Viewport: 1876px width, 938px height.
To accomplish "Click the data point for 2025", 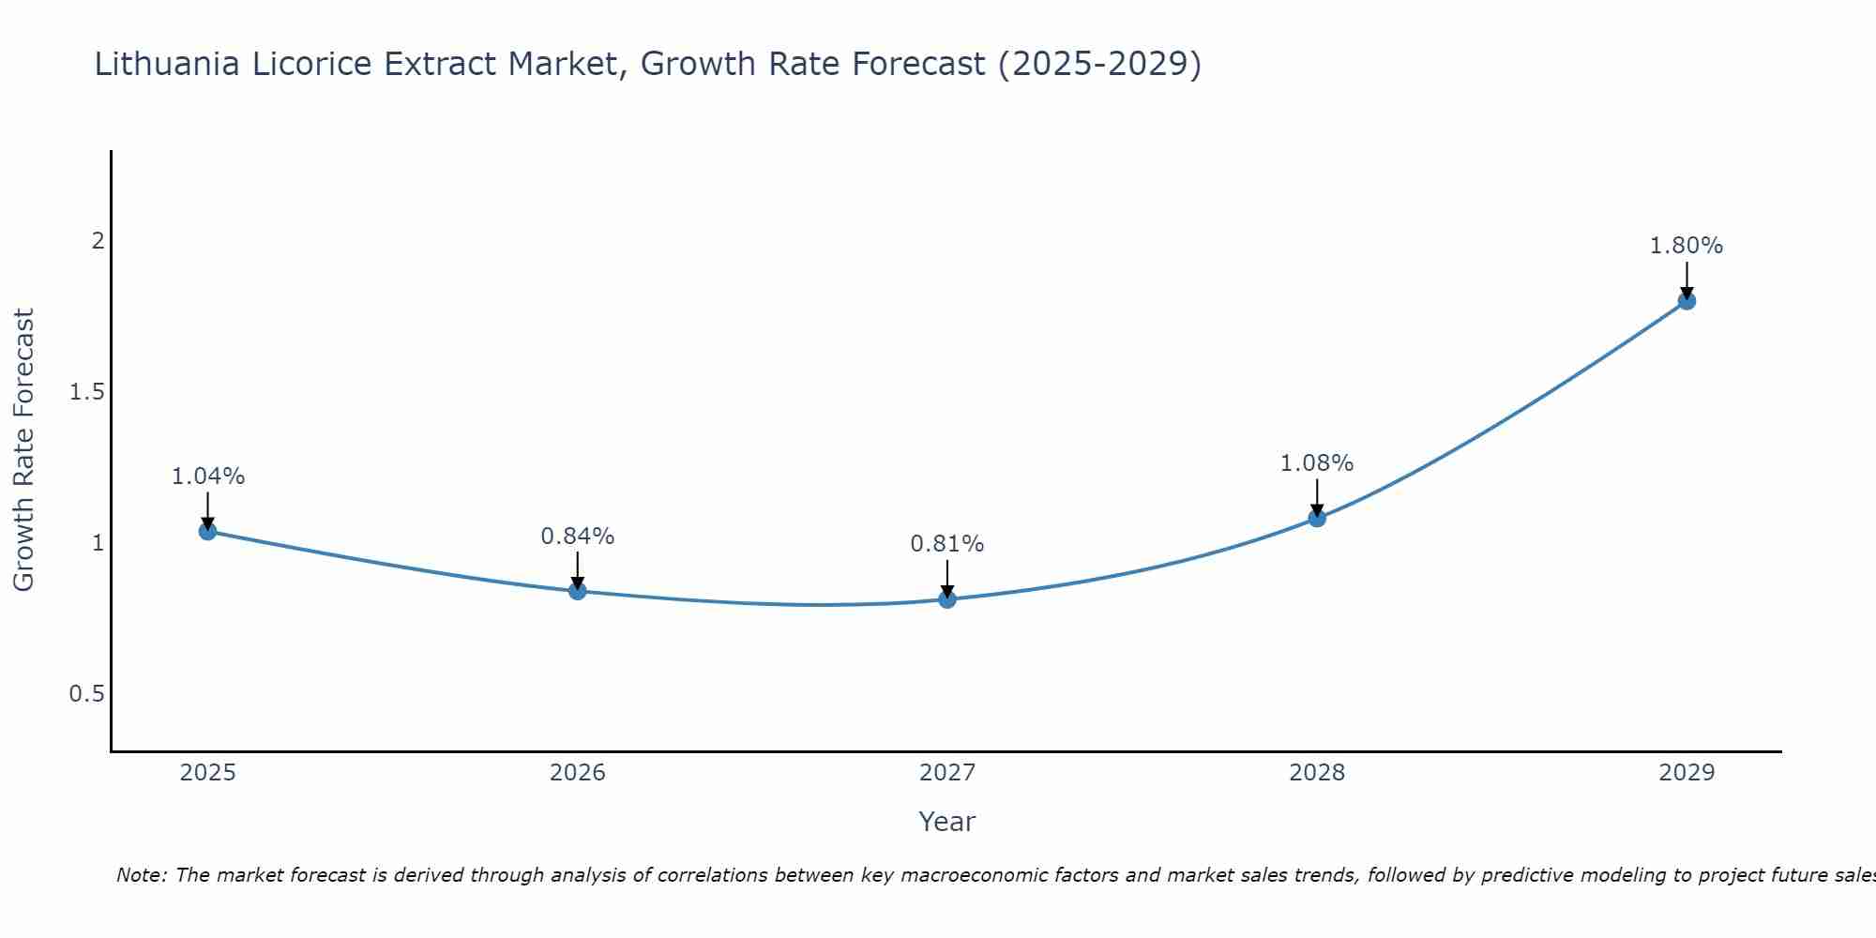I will (x=207, y=531).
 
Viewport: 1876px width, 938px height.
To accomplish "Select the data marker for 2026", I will (x=577, y=591).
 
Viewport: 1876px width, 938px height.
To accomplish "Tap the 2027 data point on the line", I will (x=947, y=599).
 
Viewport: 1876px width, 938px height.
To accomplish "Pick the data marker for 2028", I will (x=1317, y=518).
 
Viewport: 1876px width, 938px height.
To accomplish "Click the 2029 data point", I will (x=1687, y=301).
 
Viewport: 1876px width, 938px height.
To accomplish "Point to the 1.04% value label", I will (x=207, y=477).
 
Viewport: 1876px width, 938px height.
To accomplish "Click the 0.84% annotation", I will (x=577, y=537).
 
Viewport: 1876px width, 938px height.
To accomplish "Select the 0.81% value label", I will (x=947, y=544).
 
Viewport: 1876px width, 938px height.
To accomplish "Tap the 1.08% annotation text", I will (x=1317, y=463).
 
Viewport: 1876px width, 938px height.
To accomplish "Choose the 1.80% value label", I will (x=1687, y=246).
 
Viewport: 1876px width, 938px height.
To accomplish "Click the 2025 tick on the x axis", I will (x=207, y=773).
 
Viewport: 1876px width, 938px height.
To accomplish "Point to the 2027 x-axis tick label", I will (x=947, y=773).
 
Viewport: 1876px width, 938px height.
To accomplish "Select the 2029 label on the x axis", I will (x=1687, y=773).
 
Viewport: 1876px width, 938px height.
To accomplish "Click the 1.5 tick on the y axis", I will (x=87, y=392).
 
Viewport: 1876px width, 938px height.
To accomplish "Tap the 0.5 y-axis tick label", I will (x=87, y=694).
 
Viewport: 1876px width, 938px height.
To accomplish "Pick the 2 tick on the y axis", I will (x=98, y=241).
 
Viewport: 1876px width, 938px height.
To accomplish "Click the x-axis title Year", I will (x=947, y=822).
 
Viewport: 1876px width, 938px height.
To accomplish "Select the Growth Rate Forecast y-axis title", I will (x=23, y=450).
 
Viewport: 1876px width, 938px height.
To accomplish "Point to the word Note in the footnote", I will (x=141, y=875).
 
